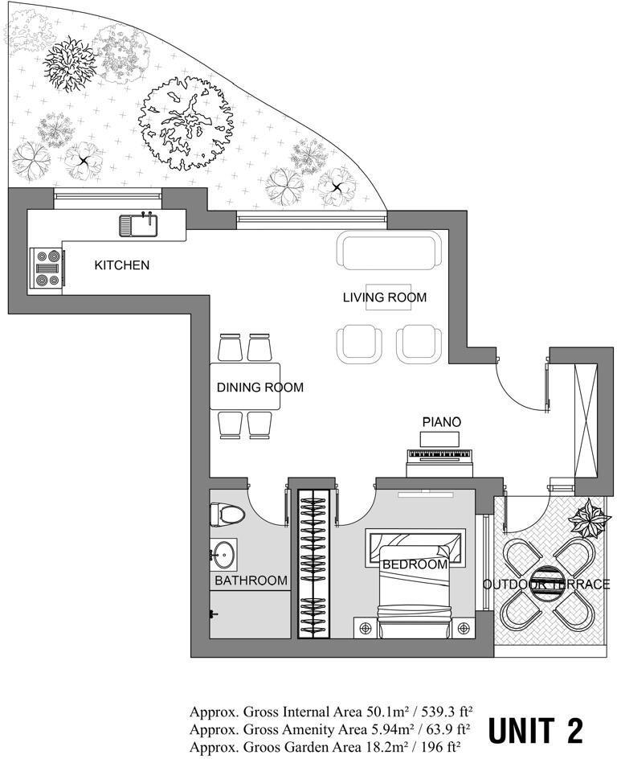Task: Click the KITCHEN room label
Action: pos(122,265)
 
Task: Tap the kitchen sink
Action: pos(138,226)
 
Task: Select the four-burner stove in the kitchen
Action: pos(47,268)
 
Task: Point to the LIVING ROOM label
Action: pos(385,297)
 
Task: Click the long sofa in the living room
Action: pos(389,250)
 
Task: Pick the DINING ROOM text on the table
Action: pos(260,388)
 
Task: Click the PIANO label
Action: pos(442,422)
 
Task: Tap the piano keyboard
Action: pos(439,455)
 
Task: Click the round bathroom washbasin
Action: pos(224,554)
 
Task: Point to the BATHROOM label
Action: pos(251,581)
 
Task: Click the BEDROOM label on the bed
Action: pos(415,564)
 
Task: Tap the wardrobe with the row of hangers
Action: pos(313,564)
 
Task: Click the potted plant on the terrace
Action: pos(588,519)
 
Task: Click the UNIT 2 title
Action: pos(535,730)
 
